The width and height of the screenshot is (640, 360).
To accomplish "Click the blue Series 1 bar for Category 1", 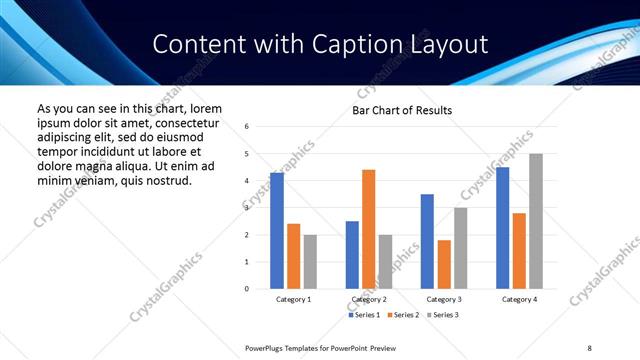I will click(277, 231).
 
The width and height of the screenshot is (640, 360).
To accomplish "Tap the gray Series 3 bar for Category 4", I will click(536, 221).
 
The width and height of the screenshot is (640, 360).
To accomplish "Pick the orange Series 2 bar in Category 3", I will click(444, 264).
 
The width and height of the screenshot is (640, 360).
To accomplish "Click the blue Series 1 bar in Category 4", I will click(502, 228).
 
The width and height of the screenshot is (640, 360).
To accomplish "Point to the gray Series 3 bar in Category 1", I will click(310, 262).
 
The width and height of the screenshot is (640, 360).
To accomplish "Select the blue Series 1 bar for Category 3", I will click(427, 241).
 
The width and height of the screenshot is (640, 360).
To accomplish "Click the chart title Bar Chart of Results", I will click(402, 110).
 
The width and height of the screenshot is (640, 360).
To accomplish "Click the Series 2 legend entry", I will click(401, 315).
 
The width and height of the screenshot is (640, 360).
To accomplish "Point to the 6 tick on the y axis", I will click(246, 127).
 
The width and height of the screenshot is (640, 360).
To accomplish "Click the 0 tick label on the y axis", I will click(246, 289).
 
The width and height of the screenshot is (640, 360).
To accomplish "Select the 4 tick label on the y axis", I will click(246, 181).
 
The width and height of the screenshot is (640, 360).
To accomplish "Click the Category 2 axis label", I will click(369, 299).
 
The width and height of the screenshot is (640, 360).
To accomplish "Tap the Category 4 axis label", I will click(519, 299).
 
